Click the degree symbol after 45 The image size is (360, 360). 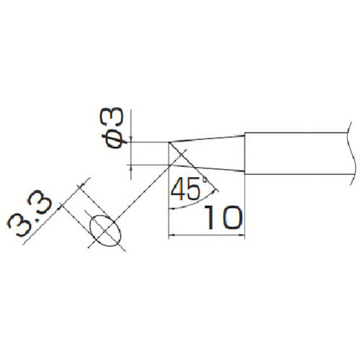click(x=205, y=179)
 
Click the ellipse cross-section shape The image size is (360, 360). click(x=105, y=230)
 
